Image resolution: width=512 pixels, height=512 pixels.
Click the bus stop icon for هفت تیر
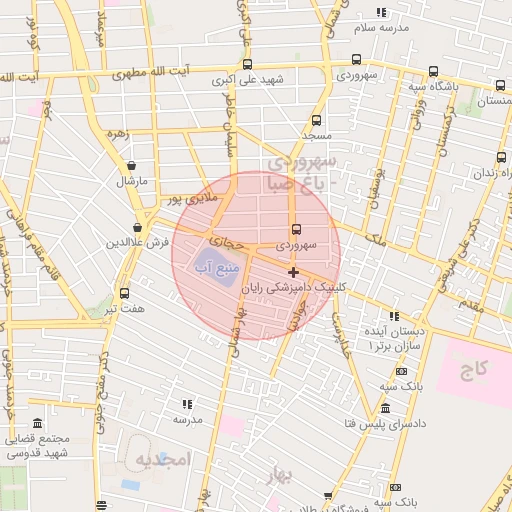coord(124,293)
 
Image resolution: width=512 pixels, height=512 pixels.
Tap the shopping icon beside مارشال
coord(131,166)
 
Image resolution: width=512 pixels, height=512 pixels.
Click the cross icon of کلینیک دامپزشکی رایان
coord(293,272)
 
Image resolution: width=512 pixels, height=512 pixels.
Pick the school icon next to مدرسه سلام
coord(380,12)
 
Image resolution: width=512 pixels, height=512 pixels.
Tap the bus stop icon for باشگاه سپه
coord(432,71)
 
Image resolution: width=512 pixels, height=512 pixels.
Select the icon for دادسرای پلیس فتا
coord(386,408)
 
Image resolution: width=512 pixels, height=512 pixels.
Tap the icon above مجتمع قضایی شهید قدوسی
coord(37,424)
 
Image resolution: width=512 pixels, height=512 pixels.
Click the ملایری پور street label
coord(187,199)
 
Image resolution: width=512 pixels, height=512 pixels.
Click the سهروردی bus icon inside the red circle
coord(295,229)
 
